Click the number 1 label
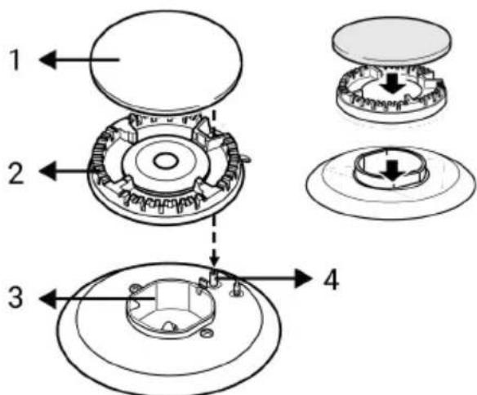coord(15,60)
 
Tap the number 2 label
coord(16,172)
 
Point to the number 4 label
coord(332,279)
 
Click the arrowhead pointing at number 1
coord(48,60)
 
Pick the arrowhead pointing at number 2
coord(48,171)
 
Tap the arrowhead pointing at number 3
coord(48,299)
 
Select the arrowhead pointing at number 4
coord(304,278)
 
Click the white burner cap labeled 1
coord(166,61)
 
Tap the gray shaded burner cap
coord(392,41)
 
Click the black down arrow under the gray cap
coord(393,83)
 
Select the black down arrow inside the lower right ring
coord(393,171)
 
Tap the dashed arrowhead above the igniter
coord(215,261)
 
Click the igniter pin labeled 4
coord(215,277)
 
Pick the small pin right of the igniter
coord(237,287)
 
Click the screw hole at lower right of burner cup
coord(207,333)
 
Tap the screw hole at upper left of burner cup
coord(135,288)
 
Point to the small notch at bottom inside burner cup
coord(169,326)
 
